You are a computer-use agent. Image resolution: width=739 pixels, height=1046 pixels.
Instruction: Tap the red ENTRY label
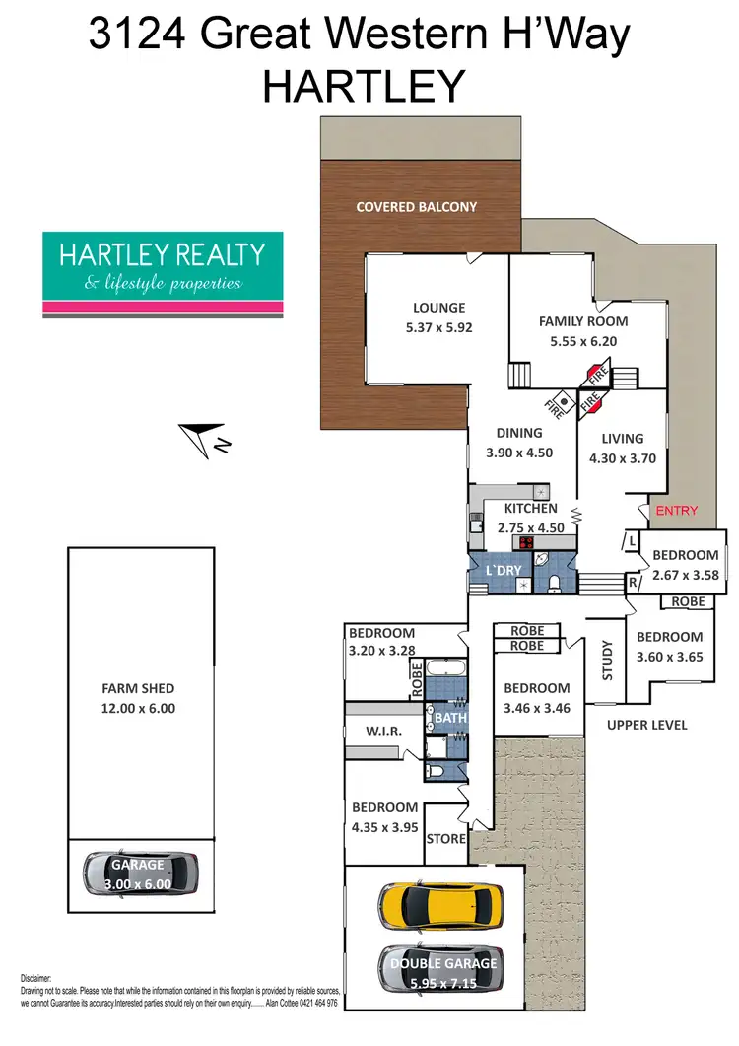coord(676,511)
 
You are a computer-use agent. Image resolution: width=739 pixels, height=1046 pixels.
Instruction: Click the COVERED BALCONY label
coord(416,207)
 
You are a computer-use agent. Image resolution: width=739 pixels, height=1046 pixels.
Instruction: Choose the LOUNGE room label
coord(439,308)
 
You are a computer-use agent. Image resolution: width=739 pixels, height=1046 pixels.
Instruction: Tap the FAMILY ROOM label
coord(582,321)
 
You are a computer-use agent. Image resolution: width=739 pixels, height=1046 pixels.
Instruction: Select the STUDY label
coord(607,660)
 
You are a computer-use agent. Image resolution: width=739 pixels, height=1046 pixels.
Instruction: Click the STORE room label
coord(445,840)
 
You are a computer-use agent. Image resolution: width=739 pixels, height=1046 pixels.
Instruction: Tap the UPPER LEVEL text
coord(646,726)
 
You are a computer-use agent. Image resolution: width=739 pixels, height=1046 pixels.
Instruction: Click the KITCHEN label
coord(531,509)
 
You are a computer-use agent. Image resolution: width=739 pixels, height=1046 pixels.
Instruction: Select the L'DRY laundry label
coord(504,572)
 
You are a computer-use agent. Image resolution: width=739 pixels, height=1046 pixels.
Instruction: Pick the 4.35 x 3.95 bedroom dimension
coord(385,824)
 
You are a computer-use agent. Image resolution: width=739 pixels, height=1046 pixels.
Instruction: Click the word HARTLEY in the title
coord(363,87)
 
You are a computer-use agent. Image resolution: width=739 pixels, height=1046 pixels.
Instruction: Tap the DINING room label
coord(519,433)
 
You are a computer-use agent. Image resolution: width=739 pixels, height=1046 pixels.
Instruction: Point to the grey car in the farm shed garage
coord(142,872)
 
